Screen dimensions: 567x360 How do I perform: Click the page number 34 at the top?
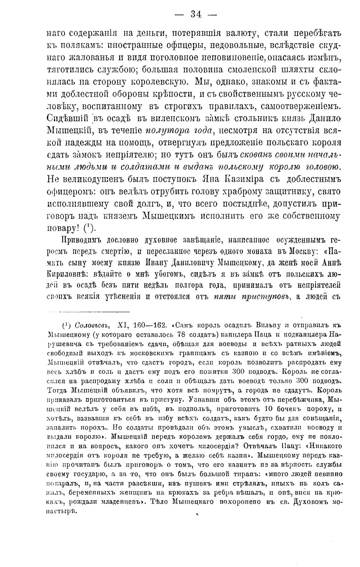click(196, 15)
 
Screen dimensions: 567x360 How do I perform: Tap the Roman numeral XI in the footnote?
click(122, 325)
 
